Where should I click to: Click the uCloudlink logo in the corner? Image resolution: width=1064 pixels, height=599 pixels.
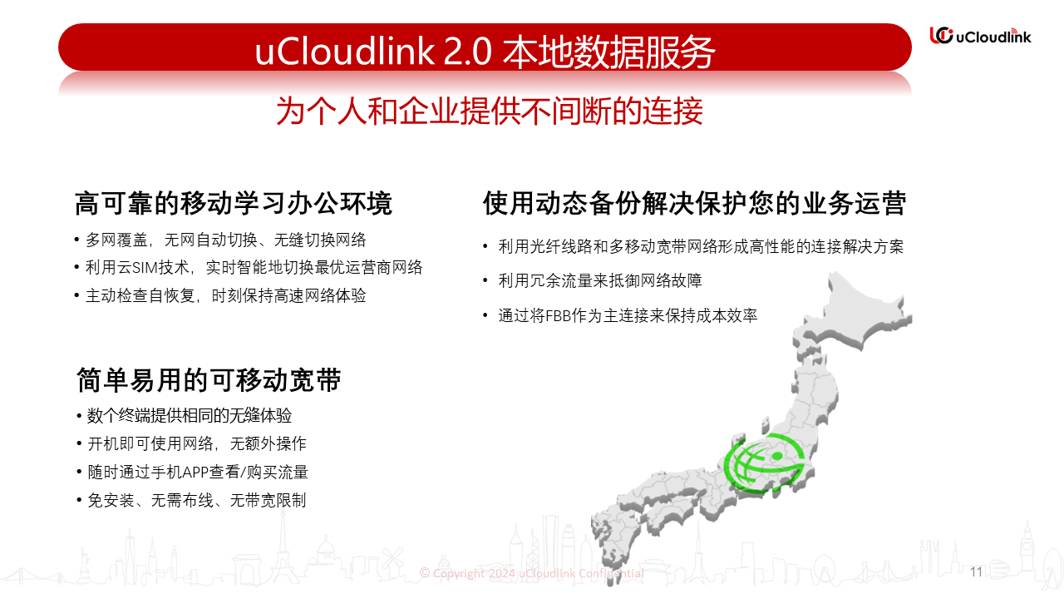(x=980, y=36)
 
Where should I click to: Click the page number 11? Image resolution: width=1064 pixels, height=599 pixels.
(x=976, y=572)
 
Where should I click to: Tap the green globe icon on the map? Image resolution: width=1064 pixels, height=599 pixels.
(x=765, y=463)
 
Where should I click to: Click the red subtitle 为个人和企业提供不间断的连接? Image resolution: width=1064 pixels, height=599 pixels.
(x=490, y=111)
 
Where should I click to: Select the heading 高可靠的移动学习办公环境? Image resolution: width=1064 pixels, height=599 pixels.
(x=234, y=204)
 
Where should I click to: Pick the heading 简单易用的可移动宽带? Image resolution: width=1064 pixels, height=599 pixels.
(x=209, y=380)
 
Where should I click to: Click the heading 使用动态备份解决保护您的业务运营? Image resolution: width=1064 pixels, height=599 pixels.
(x=694, y=203)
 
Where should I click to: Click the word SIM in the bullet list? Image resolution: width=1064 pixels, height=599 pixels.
(x=145, y=268)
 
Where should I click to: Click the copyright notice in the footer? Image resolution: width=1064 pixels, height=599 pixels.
(x=531, y=573)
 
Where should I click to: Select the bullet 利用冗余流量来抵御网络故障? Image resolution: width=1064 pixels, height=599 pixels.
(x=600, y=280)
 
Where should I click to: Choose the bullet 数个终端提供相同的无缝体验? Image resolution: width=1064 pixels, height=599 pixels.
(x=190, y=415)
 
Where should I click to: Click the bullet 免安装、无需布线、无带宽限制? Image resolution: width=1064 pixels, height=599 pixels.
(x=197, y=500)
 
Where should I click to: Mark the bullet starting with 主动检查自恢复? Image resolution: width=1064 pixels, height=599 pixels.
(x=225, y=295)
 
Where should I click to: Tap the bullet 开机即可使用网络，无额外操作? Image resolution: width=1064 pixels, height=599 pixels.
(x=197, y=443)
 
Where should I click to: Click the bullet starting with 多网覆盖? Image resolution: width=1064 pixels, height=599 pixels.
(x=225, y=240)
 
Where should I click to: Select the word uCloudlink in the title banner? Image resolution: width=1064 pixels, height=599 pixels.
(x=345, y=52)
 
